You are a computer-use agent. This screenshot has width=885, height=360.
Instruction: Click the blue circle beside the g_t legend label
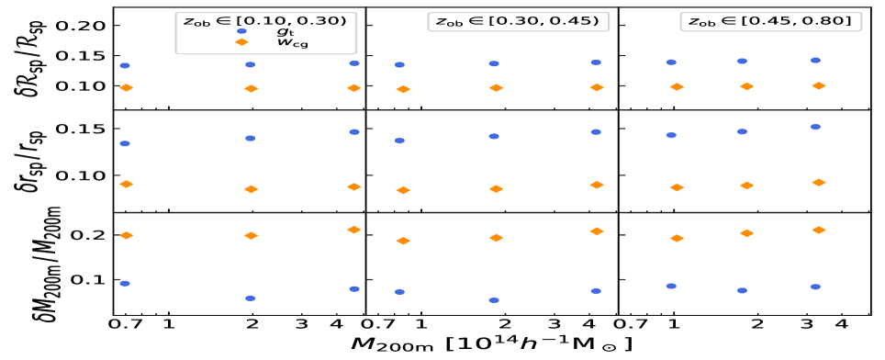pos(241,31)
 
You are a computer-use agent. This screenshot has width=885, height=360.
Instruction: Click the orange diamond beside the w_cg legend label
pos(241,42)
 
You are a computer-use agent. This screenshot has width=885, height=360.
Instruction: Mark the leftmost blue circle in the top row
pos(125,66)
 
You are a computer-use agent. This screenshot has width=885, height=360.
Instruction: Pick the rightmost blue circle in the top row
pos(815,61)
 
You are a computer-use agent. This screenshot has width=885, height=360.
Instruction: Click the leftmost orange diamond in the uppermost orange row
pos(127,88)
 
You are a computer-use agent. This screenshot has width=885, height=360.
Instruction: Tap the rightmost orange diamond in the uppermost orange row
pos(819,86)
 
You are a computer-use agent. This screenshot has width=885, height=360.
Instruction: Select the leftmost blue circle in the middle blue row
pos(125,143)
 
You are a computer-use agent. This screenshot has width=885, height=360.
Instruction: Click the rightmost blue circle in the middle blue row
pos(815,127)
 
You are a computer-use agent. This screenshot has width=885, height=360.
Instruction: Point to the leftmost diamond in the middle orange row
pos(127,185)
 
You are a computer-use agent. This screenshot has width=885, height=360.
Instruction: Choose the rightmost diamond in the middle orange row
pos(819,183)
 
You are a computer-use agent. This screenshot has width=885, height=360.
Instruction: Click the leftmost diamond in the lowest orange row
pos(127,236)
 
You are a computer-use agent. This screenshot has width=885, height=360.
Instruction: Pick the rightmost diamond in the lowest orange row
pos(819,231)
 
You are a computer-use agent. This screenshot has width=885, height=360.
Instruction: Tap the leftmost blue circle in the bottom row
pos(125,284)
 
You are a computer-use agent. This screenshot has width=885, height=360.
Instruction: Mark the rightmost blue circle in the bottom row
pos(815,287)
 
